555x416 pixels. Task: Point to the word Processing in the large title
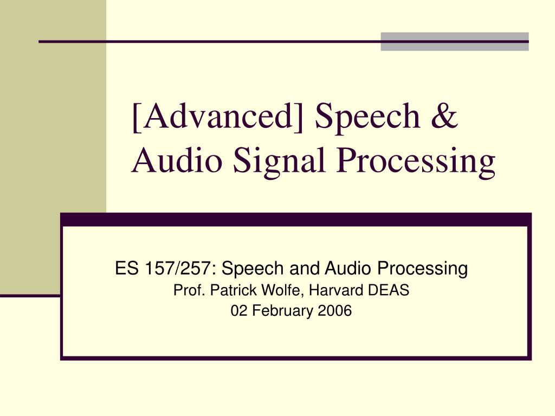coord(416,162)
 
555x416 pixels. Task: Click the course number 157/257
coord(177,268)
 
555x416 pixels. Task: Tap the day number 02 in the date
coord(237,311)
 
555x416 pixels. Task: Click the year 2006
coord(335,311)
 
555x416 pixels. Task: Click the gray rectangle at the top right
coord(454,42)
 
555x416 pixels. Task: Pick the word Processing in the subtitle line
coord(423,268)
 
